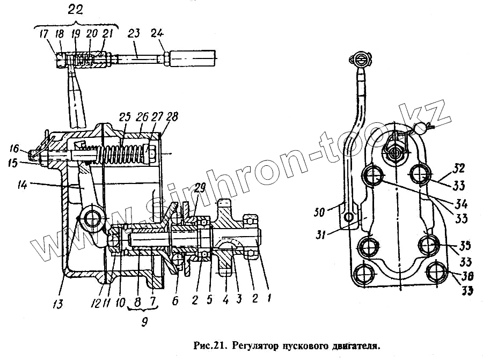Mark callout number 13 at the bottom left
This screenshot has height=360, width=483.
click(x=57, y=304)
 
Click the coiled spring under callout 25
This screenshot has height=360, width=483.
click(x=124, y=150)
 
